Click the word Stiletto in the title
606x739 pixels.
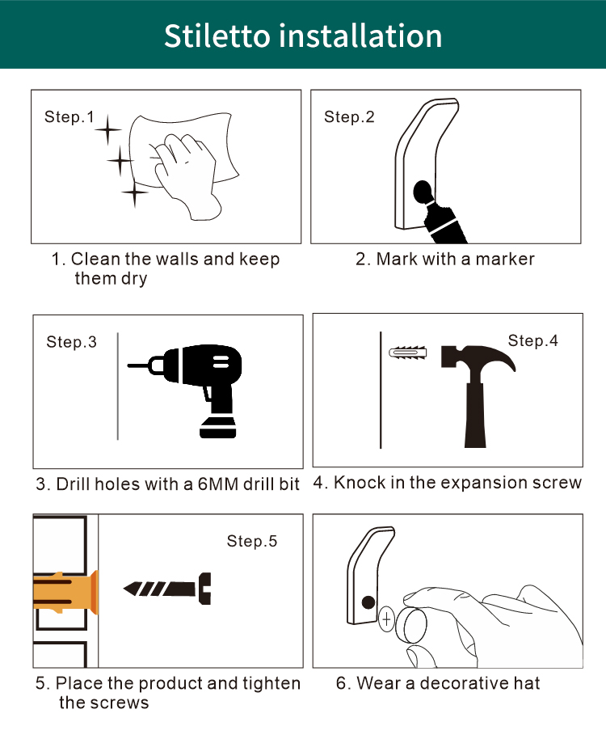[217, 36]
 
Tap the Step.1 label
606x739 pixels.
[69, 117]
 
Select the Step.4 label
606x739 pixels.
[532, 340]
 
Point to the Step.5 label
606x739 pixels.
[252, 541]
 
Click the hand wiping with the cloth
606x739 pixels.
[186, 175]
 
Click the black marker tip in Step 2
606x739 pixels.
[422, 192]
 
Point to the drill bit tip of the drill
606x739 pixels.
[128, 365]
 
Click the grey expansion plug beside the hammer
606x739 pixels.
[408, 353]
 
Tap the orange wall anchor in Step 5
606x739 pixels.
[66, 593]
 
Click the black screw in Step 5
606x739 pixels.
[167, 589]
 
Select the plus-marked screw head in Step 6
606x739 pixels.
[386, 619]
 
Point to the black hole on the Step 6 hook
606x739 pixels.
[368, 602]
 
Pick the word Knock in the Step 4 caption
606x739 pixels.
[360, 483]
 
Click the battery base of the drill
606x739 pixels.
[217, 428]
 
